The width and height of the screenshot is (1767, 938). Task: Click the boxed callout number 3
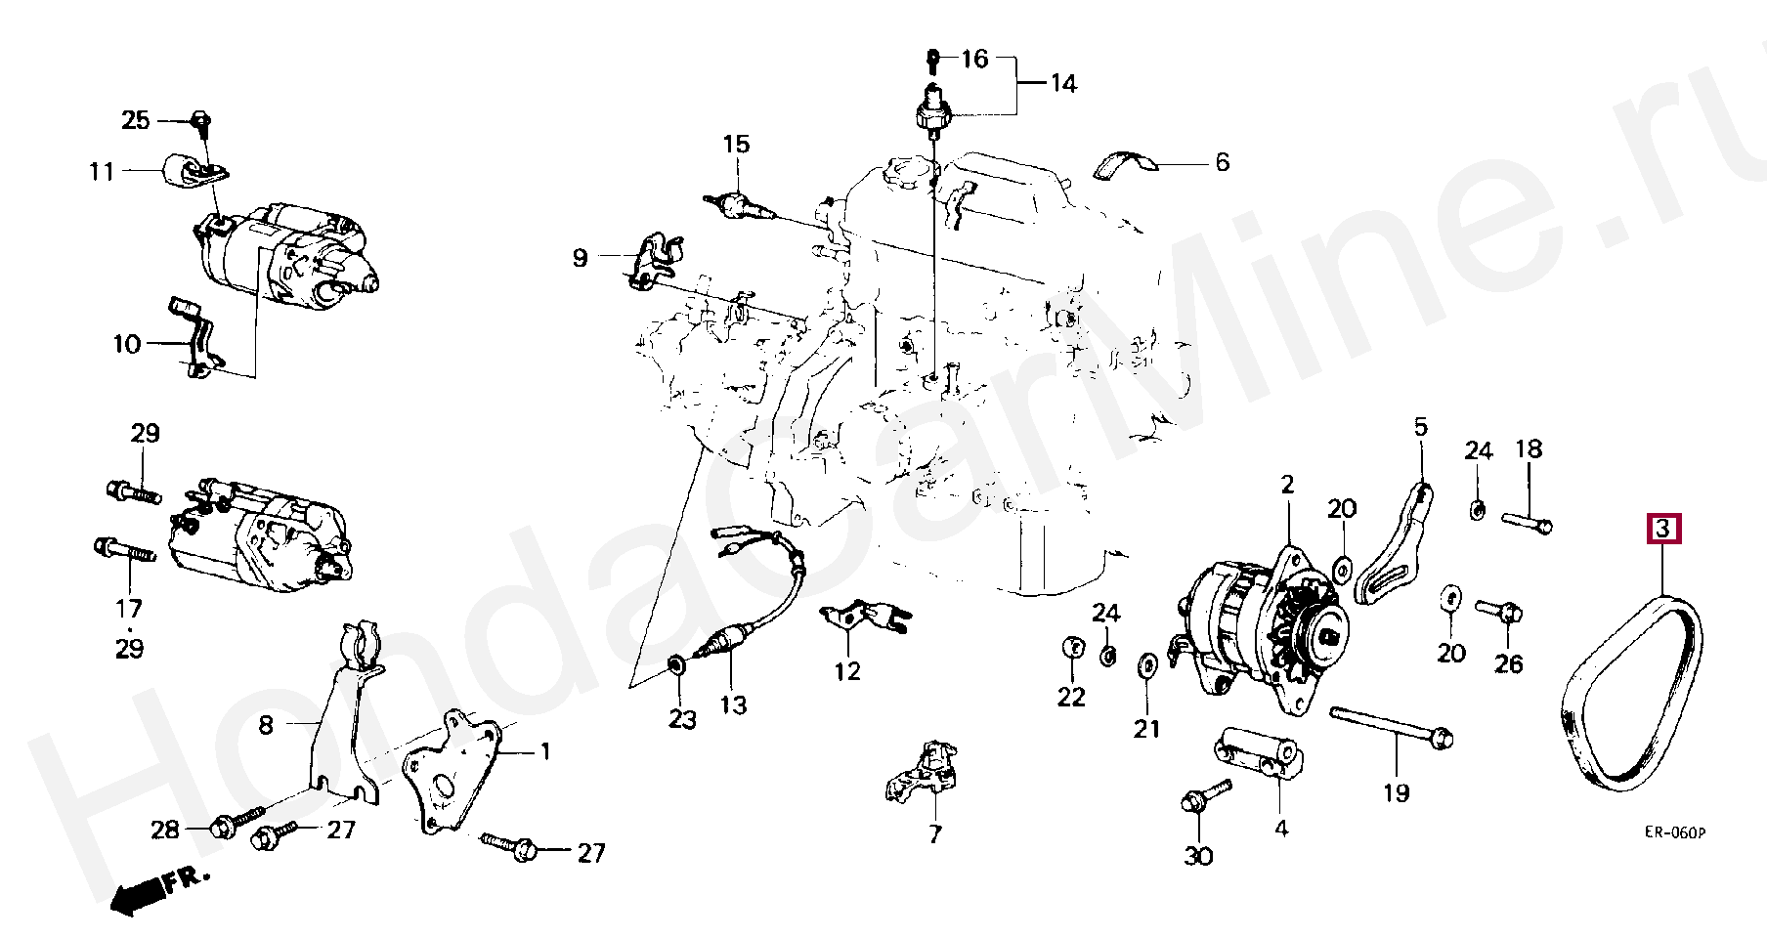click(1663, 530)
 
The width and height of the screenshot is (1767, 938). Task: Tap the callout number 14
click(1063, 84)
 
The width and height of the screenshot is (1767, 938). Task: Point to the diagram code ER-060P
click(1674, 832)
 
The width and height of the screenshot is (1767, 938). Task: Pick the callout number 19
click(1396, 792)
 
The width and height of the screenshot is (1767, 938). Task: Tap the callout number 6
click(1222, 162)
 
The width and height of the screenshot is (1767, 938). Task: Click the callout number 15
click(736, 145)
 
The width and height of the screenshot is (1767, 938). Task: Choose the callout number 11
click(102, 172)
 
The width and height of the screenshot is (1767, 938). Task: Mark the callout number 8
click(266, 725)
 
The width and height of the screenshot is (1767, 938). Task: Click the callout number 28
click(165, 830)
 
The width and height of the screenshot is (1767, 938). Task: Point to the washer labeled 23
click(675, 665)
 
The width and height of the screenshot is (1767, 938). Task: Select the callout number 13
click(733, 704)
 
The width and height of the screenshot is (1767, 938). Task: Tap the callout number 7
click(935, 833)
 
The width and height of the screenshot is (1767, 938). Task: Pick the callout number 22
click(1071, 697)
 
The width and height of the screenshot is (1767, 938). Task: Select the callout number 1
click(545, 751)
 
